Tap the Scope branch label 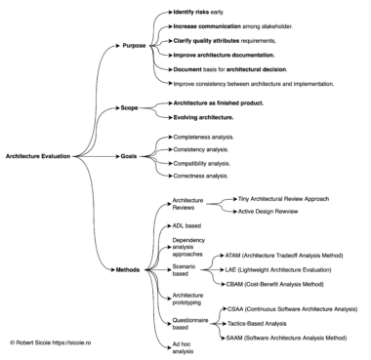[132, 107]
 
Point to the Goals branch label [132, 155]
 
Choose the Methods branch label [129, 269]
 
